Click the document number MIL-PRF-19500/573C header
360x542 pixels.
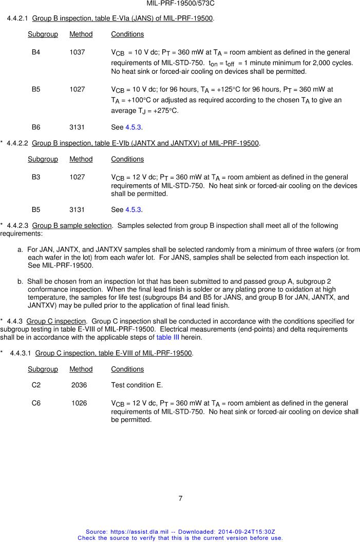(180, 4)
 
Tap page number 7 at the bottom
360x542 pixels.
(180, 498)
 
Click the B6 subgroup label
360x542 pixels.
(36, 127)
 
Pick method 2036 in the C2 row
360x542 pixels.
(79, 384)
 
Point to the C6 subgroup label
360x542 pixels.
(36, 403)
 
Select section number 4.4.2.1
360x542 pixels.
(18, 18)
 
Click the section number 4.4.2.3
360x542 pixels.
(18, 225)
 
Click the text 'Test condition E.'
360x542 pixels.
(137, 384)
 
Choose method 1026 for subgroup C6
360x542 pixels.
(79, 403)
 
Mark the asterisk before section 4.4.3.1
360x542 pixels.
(3, 353)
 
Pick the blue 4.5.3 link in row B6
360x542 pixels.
(134, 127)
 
